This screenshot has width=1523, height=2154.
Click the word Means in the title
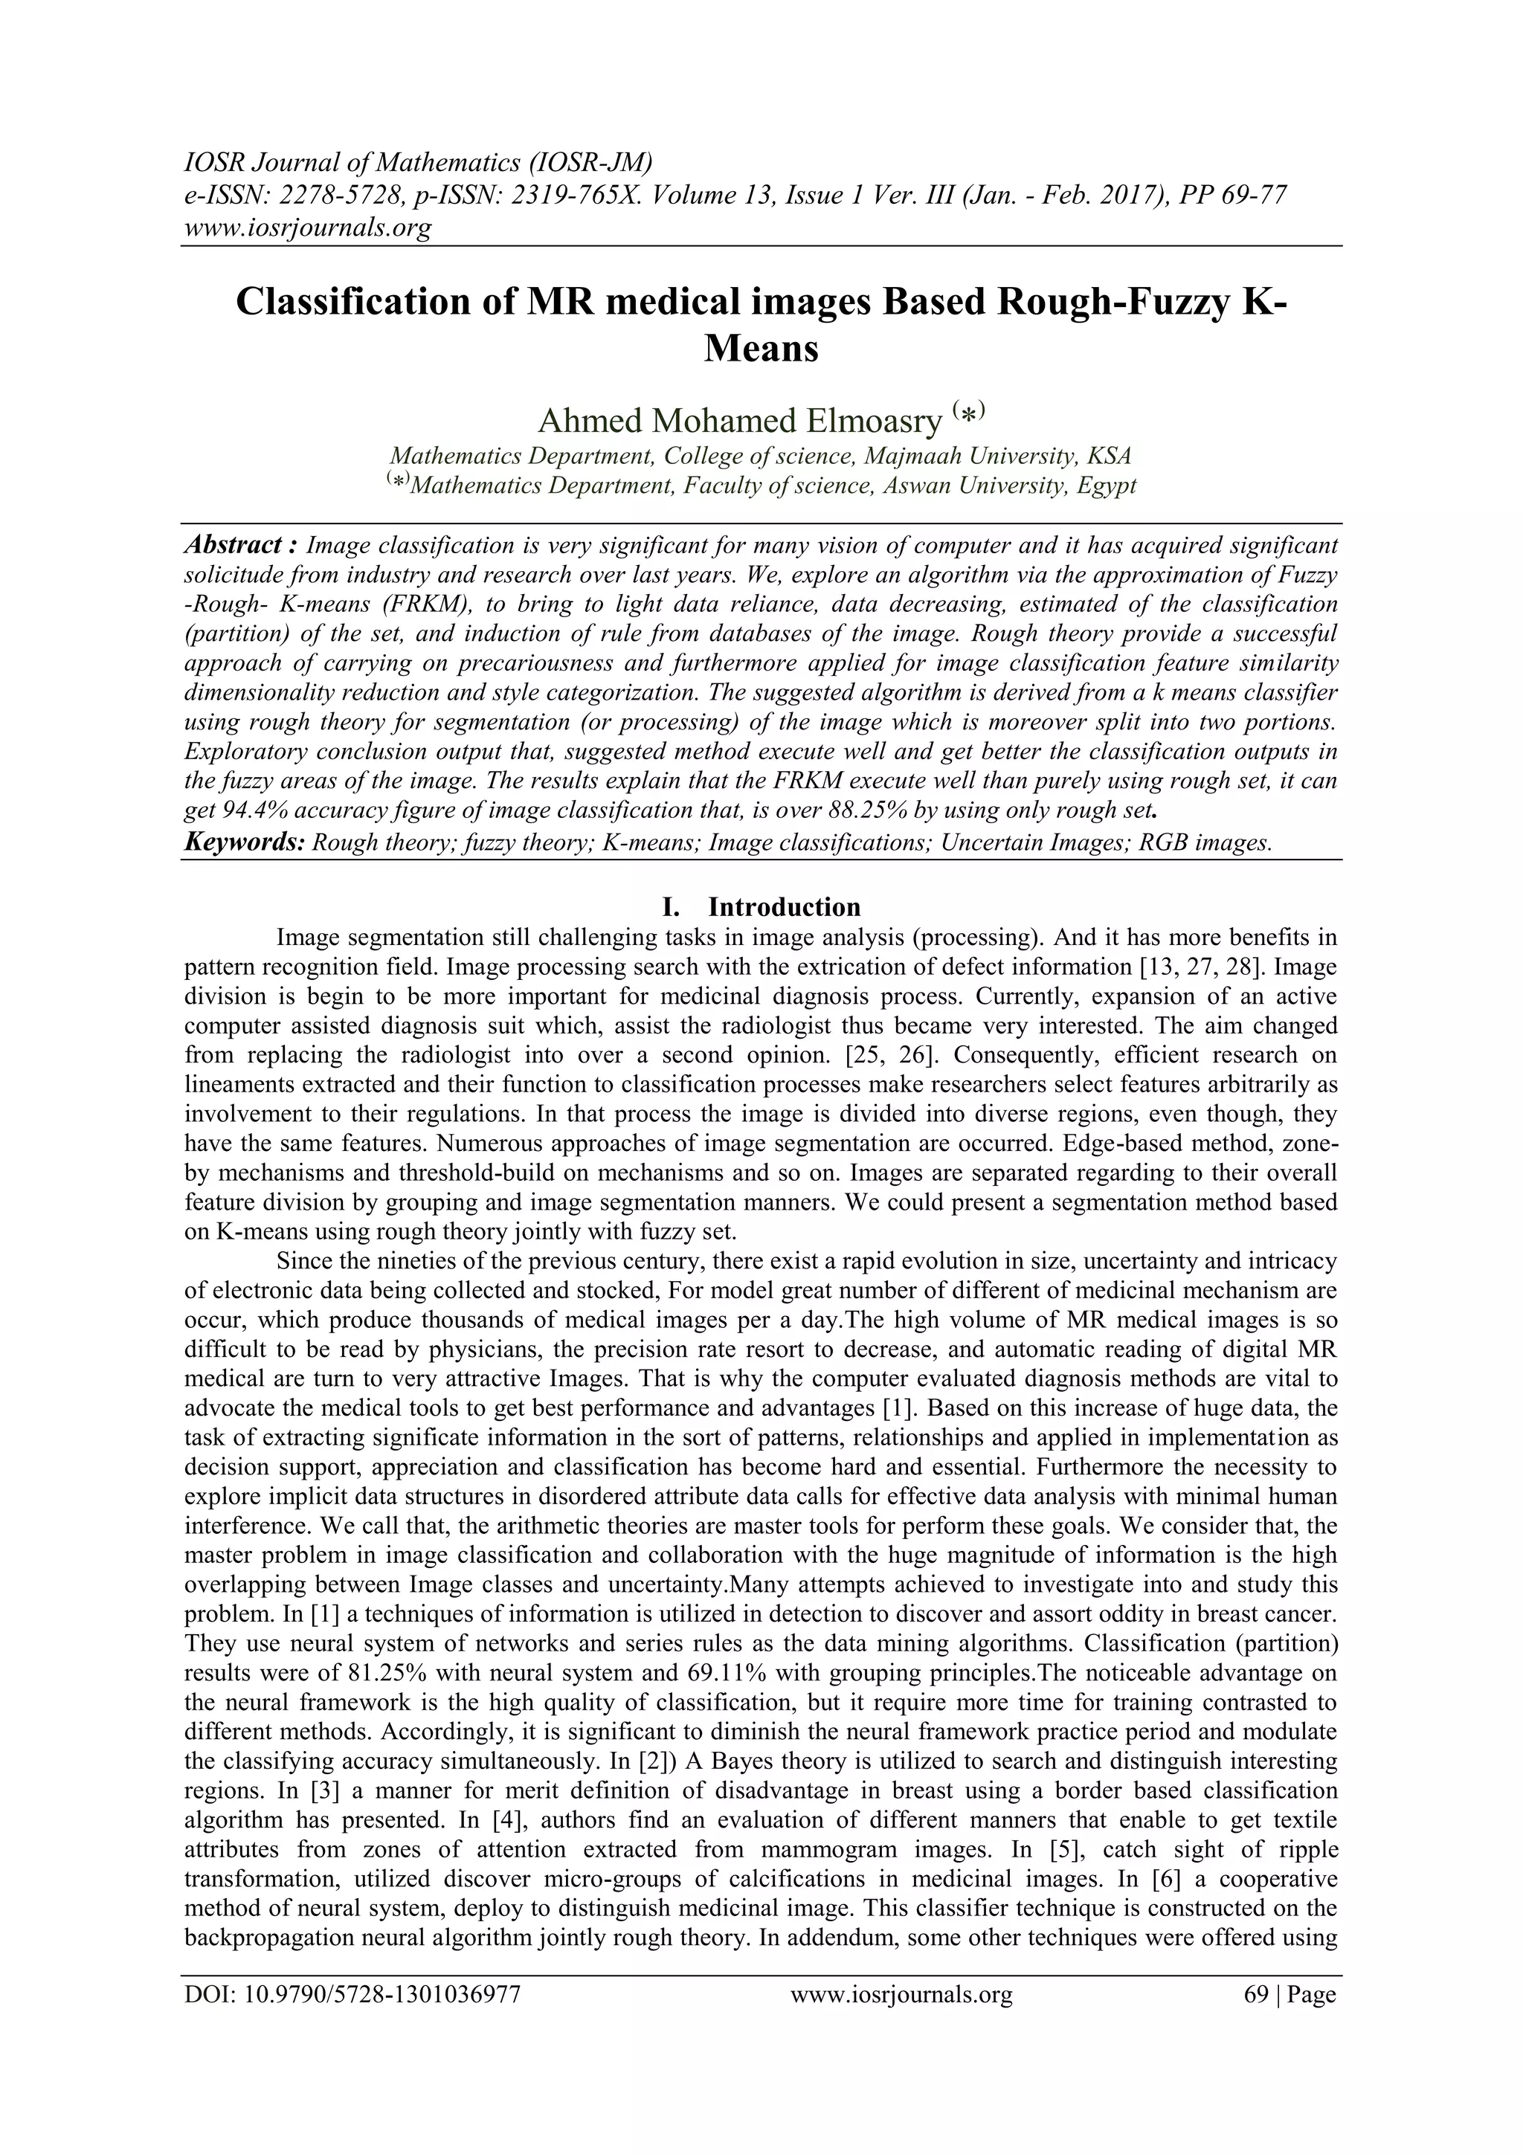point(761,349)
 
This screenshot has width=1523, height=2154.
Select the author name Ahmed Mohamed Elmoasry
point(738,422)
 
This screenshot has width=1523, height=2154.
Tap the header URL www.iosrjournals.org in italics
point(307,227)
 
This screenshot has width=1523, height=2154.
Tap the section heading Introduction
point(784,907)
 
